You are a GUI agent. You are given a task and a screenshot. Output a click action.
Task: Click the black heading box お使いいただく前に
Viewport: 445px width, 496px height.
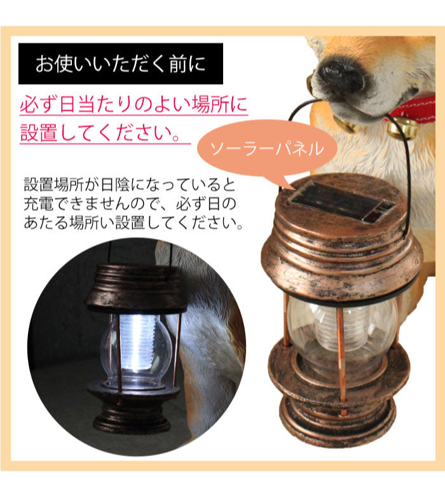[121, 64]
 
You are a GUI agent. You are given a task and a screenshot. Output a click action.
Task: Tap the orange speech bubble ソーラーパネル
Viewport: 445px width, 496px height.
[267, 149]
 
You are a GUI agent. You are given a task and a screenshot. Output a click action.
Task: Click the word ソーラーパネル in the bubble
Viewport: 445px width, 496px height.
[267, 149]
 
